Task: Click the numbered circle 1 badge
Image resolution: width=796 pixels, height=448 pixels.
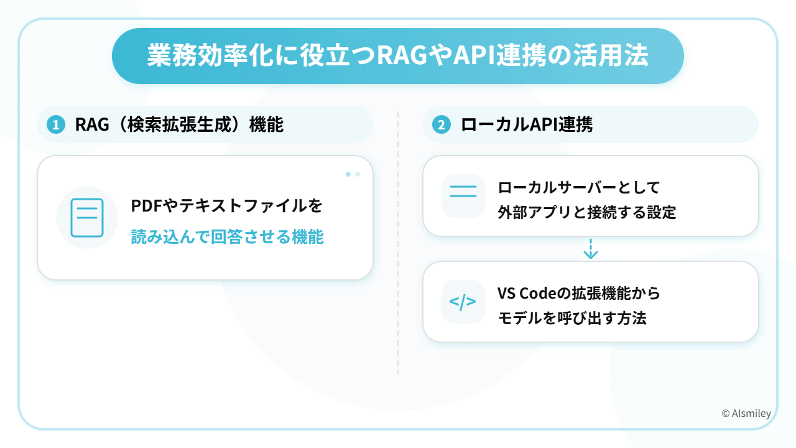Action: click(x=56, y=125)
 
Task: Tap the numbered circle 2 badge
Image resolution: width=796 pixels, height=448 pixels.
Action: click(x=442, y=125)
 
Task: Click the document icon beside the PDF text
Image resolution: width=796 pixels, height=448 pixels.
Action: click(x=87, y=218)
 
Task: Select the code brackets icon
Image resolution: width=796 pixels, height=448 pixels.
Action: click(x=463, y=302)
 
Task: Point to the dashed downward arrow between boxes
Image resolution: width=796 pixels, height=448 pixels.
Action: click(x=590, y=249)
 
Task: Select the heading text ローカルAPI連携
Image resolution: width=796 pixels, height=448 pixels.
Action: click(x=527, y=124)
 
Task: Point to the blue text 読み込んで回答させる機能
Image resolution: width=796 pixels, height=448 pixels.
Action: click(x=227, y=236)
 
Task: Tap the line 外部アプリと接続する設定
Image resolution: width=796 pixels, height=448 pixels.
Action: click(x=586, y=213)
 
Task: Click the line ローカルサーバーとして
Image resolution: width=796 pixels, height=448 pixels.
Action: click(x=578, y=187)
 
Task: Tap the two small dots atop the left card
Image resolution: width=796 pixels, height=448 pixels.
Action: click(x=353, y=174)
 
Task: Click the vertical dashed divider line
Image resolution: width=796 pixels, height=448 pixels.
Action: click(x=398, y=249)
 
